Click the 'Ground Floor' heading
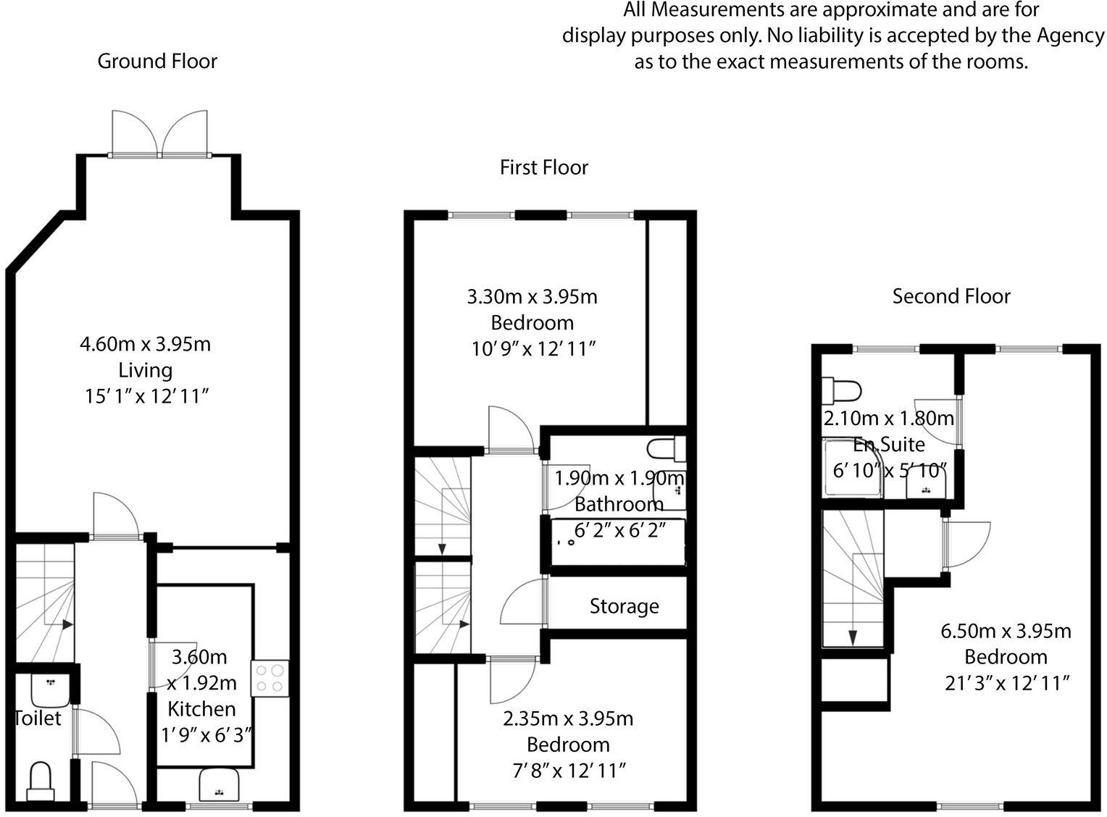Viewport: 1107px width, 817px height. pos(157,62)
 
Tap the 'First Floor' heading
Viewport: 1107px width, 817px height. pos(544,168)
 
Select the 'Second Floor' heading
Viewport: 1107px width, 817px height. pos(951,296)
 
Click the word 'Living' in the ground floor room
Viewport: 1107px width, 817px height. pos(145,371)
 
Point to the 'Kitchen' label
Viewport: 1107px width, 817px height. pos(201,709)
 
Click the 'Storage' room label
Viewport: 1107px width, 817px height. pos(624,607)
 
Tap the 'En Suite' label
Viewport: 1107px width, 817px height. pos(889,444)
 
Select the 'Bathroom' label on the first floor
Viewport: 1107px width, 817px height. pos(619,505)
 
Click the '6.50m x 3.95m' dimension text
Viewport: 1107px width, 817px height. pos(1006,632)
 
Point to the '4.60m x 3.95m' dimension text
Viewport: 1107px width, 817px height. pos(145,344)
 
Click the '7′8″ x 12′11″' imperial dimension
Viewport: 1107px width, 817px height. pos(569,771)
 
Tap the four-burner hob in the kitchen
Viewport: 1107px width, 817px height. pos(270,679)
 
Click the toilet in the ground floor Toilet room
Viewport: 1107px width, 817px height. pos(40,782)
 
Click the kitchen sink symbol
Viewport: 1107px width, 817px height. pos(219,784)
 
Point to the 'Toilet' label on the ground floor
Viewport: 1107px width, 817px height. pos(38,718)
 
